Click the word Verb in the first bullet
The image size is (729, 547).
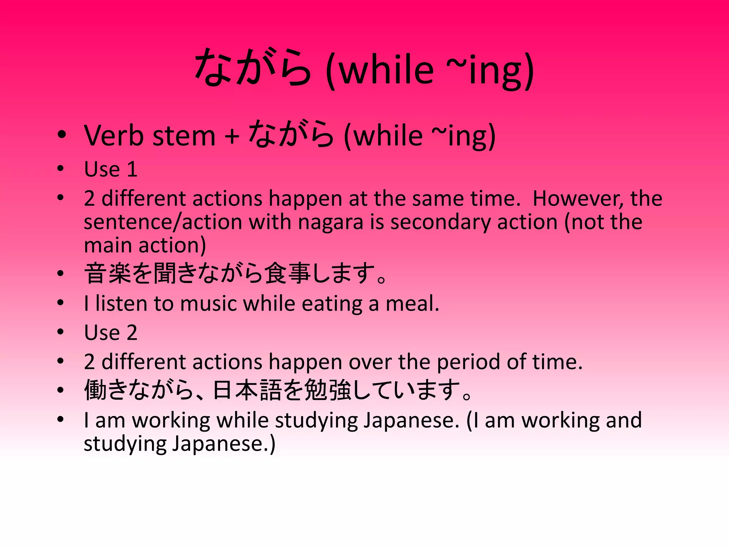(114, 136)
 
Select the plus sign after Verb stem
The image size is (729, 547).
(232, 137)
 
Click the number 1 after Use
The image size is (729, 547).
(132, 169)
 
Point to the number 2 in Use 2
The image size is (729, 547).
(132, 333)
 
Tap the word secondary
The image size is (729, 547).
(440, 222)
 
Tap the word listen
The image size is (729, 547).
(121, 304)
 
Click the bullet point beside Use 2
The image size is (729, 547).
(61, 332)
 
